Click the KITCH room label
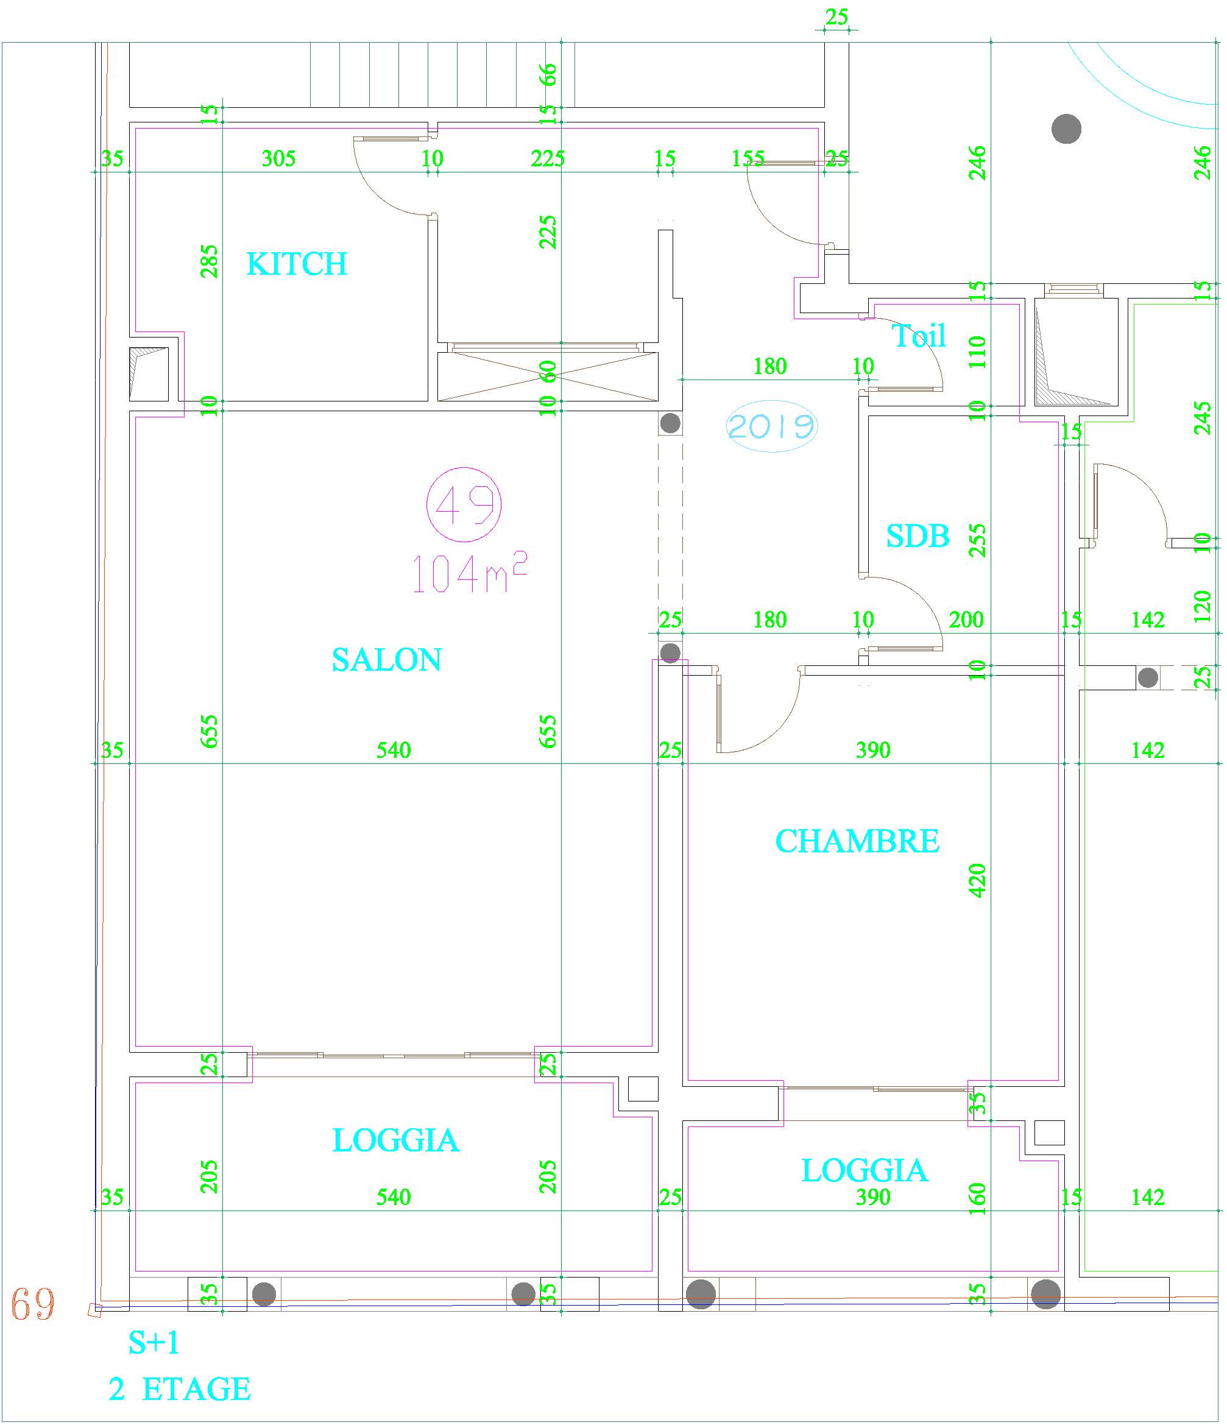(x=297, y=264)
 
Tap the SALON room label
(x=386, y=660)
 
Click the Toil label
(x=919, y=336)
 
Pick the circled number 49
(x=464, y=505)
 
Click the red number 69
(x=32, y=1303)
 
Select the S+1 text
(x=154, y=1343)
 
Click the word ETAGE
(x=196, y=1389)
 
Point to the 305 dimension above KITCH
(x=278, y=159)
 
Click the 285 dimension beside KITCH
(x=210, y=261)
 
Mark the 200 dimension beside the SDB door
(x=966, y=620)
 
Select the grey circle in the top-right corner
(x=1067, y=129)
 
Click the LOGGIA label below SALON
(x=395, y=1140)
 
